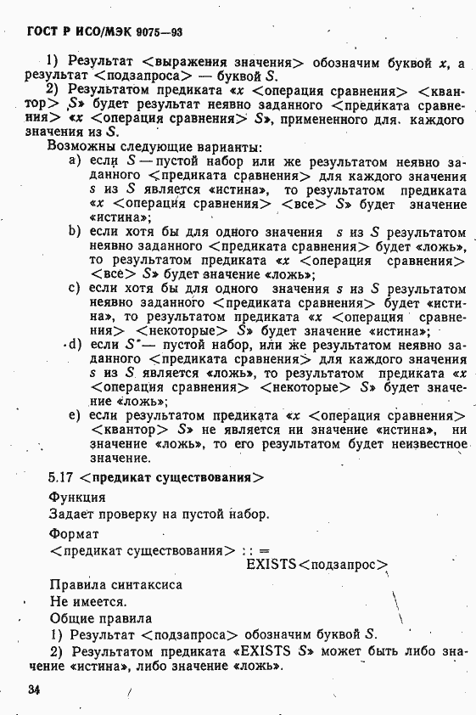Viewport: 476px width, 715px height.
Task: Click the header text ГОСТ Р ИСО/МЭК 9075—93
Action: pyautogui.click(x=105, y=32)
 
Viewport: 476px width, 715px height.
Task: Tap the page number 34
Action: pyautogui.click(x=34, y=690)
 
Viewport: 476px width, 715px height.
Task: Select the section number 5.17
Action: pyautogui.click(x=63, y=478)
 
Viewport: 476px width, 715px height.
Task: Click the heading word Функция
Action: pyautogui.click(x=77, y=498)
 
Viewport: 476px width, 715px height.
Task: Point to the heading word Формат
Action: pyautogui.click(x=74, y=534)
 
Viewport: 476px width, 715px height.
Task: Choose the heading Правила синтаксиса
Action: pyautogui.click(x=116, y=584)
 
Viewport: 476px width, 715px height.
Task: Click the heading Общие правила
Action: pyautogui.click(x=101, y=618)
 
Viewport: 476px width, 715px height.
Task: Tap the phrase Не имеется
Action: pyautogui.click(x=88, y=601)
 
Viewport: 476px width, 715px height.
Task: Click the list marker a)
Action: pyautogui.click(x=76, y=160)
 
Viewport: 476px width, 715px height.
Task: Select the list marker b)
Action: pyautogui.click(x=76, y=231)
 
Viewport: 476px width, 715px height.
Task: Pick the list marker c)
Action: pyautogui.click(x=76, y=289)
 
